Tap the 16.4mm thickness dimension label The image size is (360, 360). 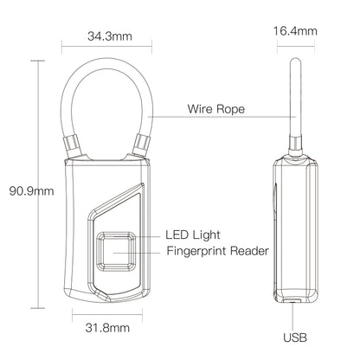click(294, 31)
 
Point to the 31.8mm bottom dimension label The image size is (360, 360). click(107, 328)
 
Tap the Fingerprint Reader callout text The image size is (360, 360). click(216, 252)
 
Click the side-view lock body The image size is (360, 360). click(293, 229)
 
